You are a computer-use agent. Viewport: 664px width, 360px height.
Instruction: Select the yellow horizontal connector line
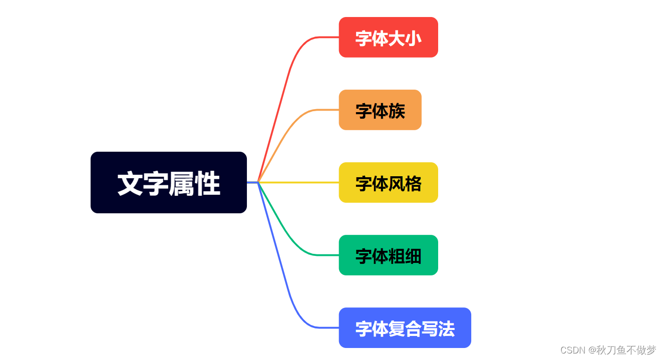coord(300,182)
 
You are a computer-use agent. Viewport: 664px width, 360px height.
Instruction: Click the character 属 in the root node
coord(182,184)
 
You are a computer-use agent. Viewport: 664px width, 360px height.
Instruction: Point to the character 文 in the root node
coord(130,184)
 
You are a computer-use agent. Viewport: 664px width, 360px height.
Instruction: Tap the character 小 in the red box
coord(413,39)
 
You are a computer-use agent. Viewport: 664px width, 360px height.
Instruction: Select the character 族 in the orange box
coord(397,111)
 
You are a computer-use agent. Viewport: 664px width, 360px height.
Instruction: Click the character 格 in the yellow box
coord(413,184)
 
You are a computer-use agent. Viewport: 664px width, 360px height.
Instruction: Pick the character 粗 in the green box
coord(397,256)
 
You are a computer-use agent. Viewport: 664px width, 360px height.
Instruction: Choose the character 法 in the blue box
coord(446,329)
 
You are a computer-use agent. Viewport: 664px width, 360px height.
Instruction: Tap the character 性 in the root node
coord(208,184)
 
